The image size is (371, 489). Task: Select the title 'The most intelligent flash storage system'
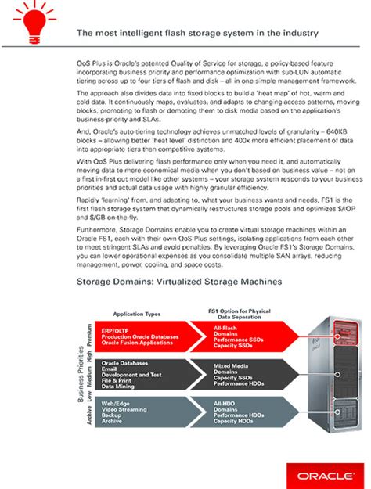point(196,33)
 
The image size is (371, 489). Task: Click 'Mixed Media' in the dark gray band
point(232,365)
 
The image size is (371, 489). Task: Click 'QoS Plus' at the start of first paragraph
point(92,60)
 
